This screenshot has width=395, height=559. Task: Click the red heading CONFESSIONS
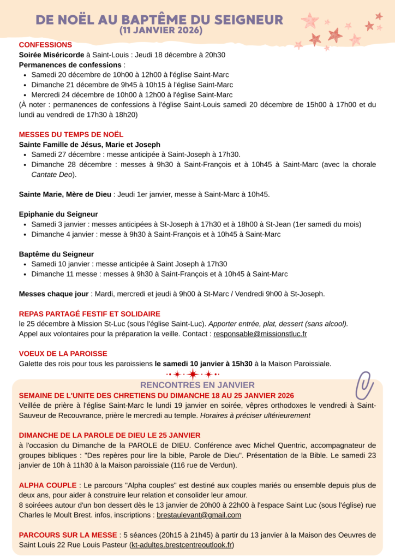(x=45, y=45)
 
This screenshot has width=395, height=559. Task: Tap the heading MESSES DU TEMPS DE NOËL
(x=71, y=134)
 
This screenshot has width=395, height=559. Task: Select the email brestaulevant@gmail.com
(x=199, y=515)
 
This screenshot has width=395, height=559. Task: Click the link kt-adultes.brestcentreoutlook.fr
(x=182, y=545)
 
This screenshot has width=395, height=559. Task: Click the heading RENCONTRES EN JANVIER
(x=197, y=385)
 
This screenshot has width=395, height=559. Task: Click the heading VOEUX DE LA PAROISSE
(x=63, y=353)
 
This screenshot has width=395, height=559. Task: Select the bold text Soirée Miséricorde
(x=51, y=55)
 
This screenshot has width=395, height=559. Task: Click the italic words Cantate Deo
(x=53, y=175)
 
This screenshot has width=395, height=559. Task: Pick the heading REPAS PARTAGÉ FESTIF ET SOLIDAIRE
(x=89, y=314)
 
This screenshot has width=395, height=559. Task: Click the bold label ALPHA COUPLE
(x=47, y=485)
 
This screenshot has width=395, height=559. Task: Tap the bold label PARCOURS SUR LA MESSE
(x=67, y=534)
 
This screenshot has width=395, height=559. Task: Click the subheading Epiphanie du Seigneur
(x=58, y=214)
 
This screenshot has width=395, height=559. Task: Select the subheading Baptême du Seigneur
(x=56, y=254)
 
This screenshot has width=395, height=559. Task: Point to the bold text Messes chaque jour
(x=54, y=294)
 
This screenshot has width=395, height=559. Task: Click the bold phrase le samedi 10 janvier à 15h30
(x=204, y=364)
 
